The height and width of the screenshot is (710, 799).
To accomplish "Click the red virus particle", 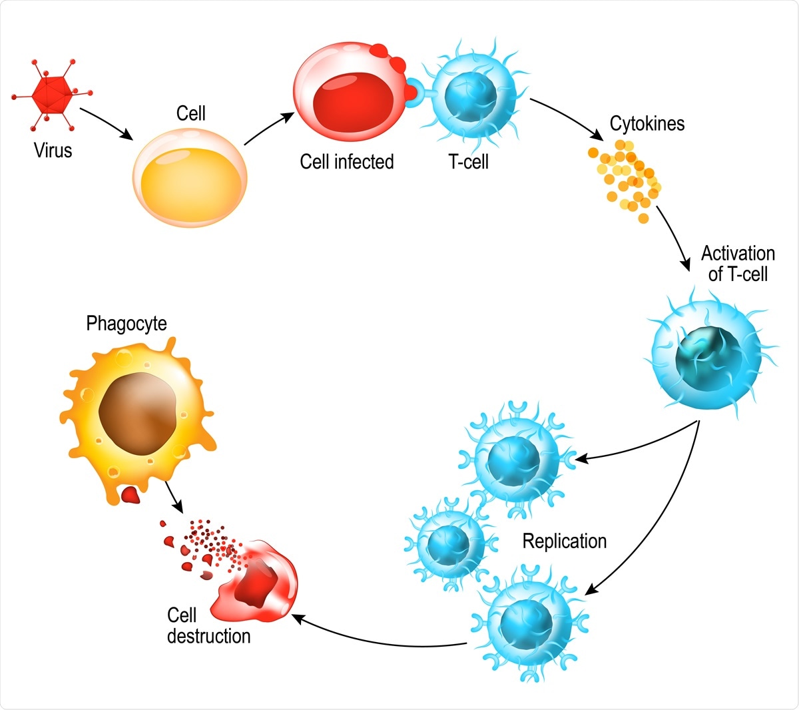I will [x=51, y=94].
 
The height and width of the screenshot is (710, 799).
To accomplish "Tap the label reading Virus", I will [x=53, y=151].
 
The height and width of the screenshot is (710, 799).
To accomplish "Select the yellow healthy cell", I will [x=190, y=178].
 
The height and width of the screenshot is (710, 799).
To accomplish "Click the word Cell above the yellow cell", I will [x=190, y=114].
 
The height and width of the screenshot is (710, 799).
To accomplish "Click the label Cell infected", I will [x=346, y=162].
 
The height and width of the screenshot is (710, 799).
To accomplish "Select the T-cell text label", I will [x=469, y=162].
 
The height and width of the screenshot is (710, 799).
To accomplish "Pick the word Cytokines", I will [x=647, y=124].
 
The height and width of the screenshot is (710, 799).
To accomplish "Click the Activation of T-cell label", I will [x=738, y=264].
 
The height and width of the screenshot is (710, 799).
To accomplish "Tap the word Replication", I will [x=564, y=541].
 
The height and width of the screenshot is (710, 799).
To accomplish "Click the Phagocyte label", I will [x=127, y=324].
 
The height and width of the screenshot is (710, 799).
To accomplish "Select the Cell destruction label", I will [x=208, y=625].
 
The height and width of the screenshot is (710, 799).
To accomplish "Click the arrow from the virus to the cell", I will [x=106, y=123].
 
